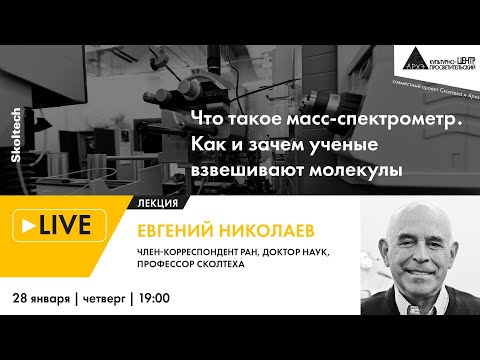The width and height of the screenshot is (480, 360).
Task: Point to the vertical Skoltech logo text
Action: (x=17, y=130)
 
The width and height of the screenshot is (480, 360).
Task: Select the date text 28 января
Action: (x=42, y=298)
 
